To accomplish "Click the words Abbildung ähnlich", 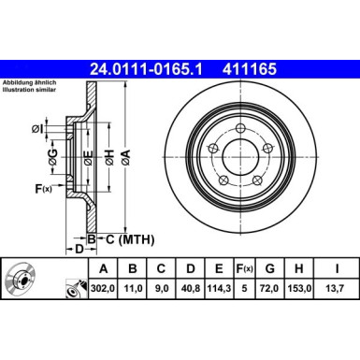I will [28, 82].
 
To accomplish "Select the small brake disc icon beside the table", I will [21, 278].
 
